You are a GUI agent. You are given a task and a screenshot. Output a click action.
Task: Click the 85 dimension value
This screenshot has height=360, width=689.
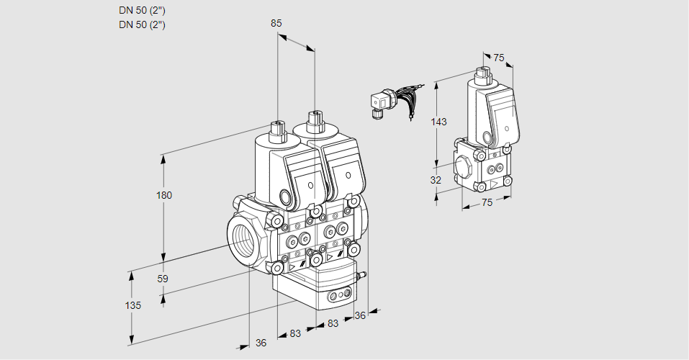point(276,23)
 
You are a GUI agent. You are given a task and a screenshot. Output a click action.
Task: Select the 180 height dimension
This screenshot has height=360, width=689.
point(165,195)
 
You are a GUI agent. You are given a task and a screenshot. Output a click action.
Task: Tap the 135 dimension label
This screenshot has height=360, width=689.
point(132,305)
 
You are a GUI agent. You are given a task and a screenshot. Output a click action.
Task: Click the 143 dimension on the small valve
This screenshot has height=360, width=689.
point(439,122)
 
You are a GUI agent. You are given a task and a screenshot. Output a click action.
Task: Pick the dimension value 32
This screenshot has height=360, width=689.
point(436,180)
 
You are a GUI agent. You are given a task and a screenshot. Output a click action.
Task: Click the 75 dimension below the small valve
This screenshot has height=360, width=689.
point(487,203)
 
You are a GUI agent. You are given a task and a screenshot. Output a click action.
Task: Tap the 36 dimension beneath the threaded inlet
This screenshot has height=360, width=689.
point(261,343)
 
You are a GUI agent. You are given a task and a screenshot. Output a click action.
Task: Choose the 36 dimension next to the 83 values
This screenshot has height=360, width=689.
point(360,315)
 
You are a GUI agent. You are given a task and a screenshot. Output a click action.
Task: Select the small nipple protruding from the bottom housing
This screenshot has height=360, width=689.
point(363,274)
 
